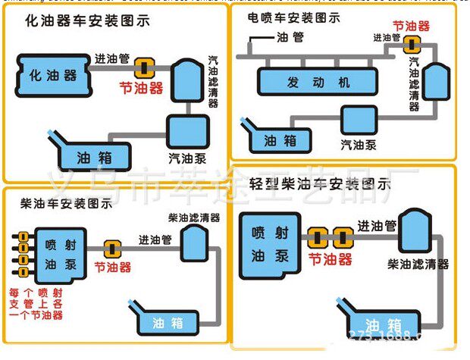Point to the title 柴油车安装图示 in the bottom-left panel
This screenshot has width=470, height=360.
[67, 203]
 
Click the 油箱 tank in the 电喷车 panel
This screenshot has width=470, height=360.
[277, 139]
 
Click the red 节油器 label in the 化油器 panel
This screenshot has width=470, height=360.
[141, 88]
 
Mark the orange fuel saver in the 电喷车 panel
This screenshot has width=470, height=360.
[412, 42]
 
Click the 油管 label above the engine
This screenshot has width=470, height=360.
[293, 36]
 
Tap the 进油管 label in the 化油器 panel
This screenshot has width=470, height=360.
[112, 58]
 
